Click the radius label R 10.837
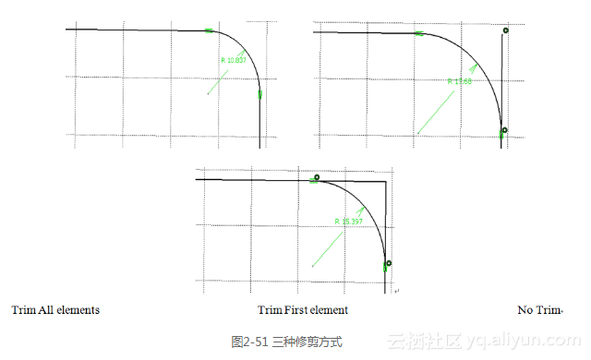click(x=234, y=61)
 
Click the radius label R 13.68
click(x=459, y=81)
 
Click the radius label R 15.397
click(x=348, y=222)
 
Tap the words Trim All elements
click(x=55, y=310)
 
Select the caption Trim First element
click(x=302, y=310)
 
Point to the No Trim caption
click(x=540, y=310)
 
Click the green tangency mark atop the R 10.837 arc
click(x=210, y=31)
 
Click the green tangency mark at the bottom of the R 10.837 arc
click(x=260, y=94)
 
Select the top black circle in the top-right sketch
click(x=505, y=30)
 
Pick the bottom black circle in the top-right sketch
click(x=503, y=130)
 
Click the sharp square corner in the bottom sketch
click(x=385, y=183)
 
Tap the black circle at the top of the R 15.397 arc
click(x=317, y=177)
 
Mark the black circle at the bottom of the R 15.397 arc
click(x=389, y=264)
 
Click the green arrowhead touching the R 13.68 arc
click(x=475, y=66)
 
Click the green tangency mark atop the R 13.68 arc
click(x=418, y=33)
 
